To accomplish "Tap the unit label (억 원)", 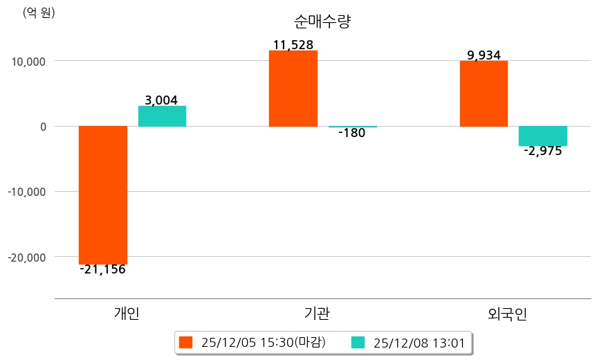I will coord(39,12).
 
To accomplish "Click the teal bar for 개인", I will coord(162,116).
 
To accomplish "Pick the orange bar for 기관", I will coord(293,89).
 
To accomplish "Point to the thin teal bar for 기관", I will coord(352,127).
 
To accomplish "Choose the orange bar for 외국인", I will coord(484,93).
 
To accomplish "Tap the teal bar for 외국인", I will coord(543,136).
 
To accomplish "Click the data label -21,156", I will coord(102,269).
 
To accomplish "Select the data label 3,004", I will coord(161,100).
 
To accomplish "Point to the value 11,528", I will coord(293,45).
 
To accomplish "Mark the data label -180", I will coord(352,134).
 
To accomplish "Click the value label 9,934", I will coord(484,55).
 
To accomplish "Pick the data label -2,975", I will coord(543,151).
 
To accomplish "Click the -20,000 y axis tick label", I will coord(25,257).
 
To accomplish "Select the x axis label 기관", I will coord(317,314).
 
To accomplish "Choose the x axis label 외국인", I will coord(507,314).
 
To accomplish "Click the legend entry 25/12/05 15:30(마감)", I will coord(253,342).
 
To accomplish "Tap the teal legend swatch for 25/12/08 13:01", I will coord(358,342).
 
